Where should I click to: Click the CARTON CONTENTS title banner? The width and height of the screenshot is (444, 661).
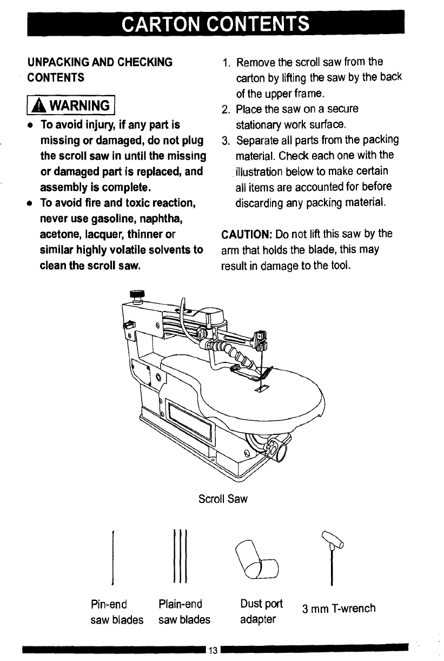click(x=216, y=24)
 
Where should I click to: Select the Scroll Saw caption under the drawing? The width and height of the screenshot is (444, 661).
click(x=223, y=499)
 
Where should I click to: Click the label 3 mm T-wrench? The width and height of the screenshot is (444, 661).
click(x=339, y=609)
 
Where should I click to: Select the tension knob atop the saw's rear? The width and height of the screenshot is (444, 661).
click(x=135, y=295)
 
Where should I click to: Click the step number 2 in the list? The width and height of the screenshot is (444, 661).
click(x=226, y=109)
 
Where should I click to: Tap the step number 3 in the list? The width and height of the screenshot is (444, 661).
click(x=226, y=141)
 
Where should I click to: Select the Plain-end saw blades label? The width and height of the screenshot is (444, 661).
click(x=184, y=611)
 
